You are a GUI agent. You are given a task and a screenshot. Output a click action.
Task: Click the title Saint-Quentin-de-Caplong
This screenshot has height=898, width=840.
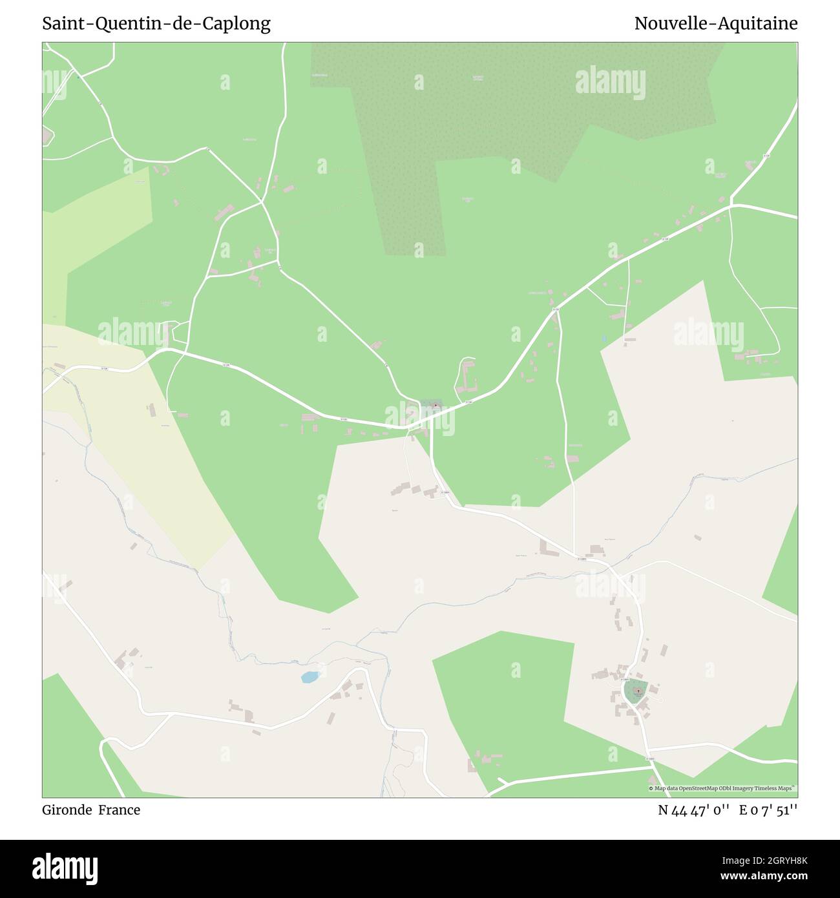point(156,24)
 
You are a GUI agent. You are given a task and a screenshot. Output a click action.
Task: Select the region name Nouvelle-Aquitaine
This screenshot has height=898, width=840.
point(715,24)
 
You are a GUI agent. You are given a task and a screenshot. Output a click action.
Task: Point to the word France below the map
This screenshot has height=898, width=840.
point(120,810)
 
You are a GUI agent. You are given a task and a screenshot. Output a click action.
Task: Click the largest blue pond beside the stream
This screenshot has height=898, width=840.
point(310,677)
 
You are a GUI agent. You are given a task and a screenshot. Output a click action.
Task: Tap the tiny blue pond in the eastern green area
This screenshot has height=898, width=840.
point(604,338)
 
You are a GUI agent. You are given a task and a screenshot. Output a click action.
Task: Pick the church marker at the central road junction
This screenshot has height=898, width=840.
point(436,406)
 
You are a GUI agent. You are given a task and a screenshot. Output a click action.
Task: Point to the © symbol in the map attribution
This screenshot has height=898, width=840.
point(651,789)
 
